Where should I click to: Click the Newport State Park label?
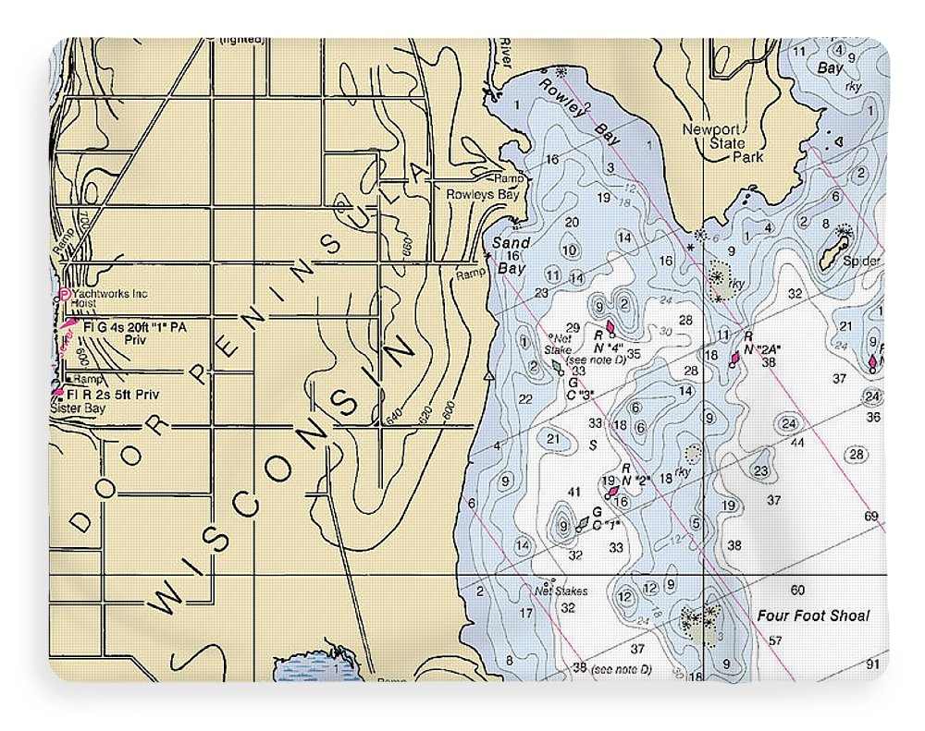[711, 143]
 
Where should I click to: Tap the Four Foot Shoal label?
[813, 615]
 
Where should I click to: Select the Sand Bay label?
[511, 256]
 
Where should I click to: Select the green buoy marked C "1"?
[582, 524]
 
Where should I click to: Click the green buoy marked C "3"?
[558, 367]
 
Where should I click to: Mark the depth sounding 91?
[872, 664]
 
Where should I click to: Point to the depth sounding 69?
[870, 516]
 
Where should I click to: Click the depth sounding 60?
[797, 590]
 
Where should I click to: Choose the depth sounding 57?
[775, 640]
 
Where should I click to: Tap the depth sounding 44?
[798, 442]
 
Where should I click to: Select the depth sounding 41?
[573, 492]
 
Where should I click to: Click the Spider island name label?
[860, 262]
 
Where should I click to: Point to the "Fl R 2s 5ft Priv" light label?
[121, 395]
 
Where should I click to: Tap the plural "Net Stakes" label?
[561, 591]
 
